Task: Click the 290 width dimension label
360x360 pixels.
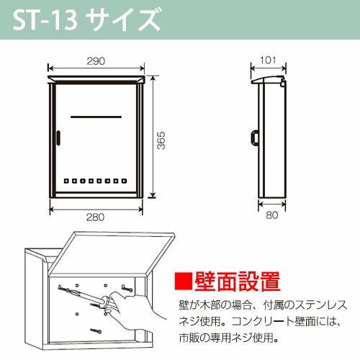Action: tap(96, 61)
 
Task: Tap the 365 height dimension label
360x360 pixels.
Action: tap(161, 140)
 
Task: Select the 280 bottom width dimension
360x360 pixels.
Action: tap(95, 217)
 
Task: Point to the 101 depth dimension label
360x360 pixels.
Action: tap(268, 60)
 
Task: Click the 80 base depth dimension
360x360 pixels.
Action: tap(271, 215)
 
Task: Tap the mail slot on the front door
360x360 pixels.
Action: tap(96, 117)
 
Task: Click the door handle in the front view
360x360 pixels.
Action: tap(58, 138)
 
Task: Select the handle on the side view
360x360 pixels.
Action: tap(255, 138)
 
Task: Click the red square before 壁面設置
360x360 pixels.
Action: tap(184, 281)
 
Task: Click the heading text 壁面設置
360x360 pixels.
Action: tap(238, 282)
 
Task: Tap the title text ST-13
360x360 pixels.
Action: tap(45, 21)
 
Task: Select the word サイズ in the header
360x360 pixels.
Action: tap(123, 19)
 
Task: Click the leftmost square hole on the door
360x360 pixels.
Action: tap(66, 181)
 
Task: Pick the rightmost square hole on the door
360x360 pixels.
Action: tap(124, 181)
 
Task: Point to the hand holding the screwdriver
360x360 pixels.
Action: tap(135, 312)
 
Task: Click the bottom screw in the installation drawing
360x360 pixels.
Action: tap(96, 331)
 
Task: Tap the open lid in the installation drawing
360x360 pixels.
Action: tap(113, 254)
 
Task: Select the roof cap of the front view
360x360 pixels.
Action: tap(96, 79)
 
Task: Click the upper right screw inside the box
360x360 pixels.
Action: tap(127, 287)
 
